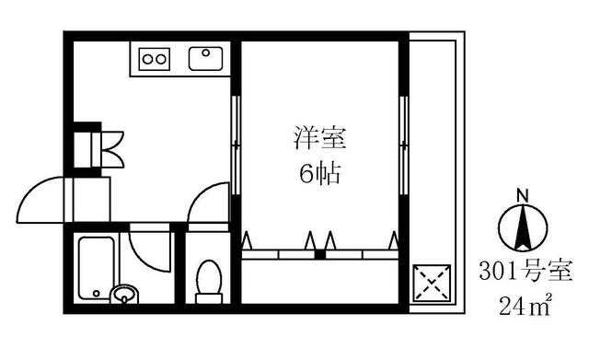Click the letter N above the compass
522,194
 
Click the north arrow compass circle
522,226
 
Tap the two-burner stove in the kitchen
156,60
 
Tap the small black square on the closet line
319,253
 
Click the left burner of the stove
148,60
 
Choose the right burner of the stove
163,60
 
